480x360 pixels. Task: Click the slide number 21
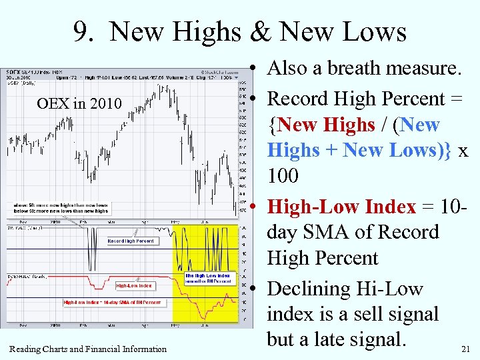tap(465, 349)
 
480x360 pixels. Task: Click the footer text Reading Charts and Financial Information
tap(88, 349)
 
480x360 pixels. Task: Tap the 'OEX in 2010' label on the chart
tap(79, 103)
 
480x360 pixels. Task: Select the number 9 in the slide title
tap(83, 31)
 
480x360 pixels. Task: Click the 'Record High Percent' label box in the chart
tap(131, 241)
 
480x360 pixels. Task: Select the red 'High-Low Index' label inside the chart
tap(134, 285)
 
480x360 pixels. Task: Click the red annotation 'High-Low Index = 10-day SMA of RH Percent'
tap(112, 302)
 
